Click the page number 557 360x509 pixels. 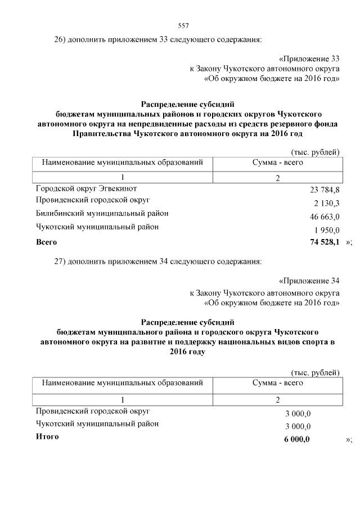point(183,26)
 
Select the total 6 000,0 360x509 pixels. point(297,439)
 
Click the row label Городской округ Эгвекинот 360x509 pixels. point(86,188)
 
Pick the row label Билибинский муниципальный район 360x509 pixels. point(102,214)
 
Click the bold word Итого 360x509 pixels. point(47,436)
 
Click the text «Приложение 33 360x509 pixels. point(309,58)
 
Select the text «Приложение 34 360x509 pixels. point(309,281)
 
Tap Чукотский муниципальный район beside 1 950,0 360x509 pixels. point(97,227)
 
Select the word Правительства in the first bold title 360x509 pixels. point(102,134)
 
